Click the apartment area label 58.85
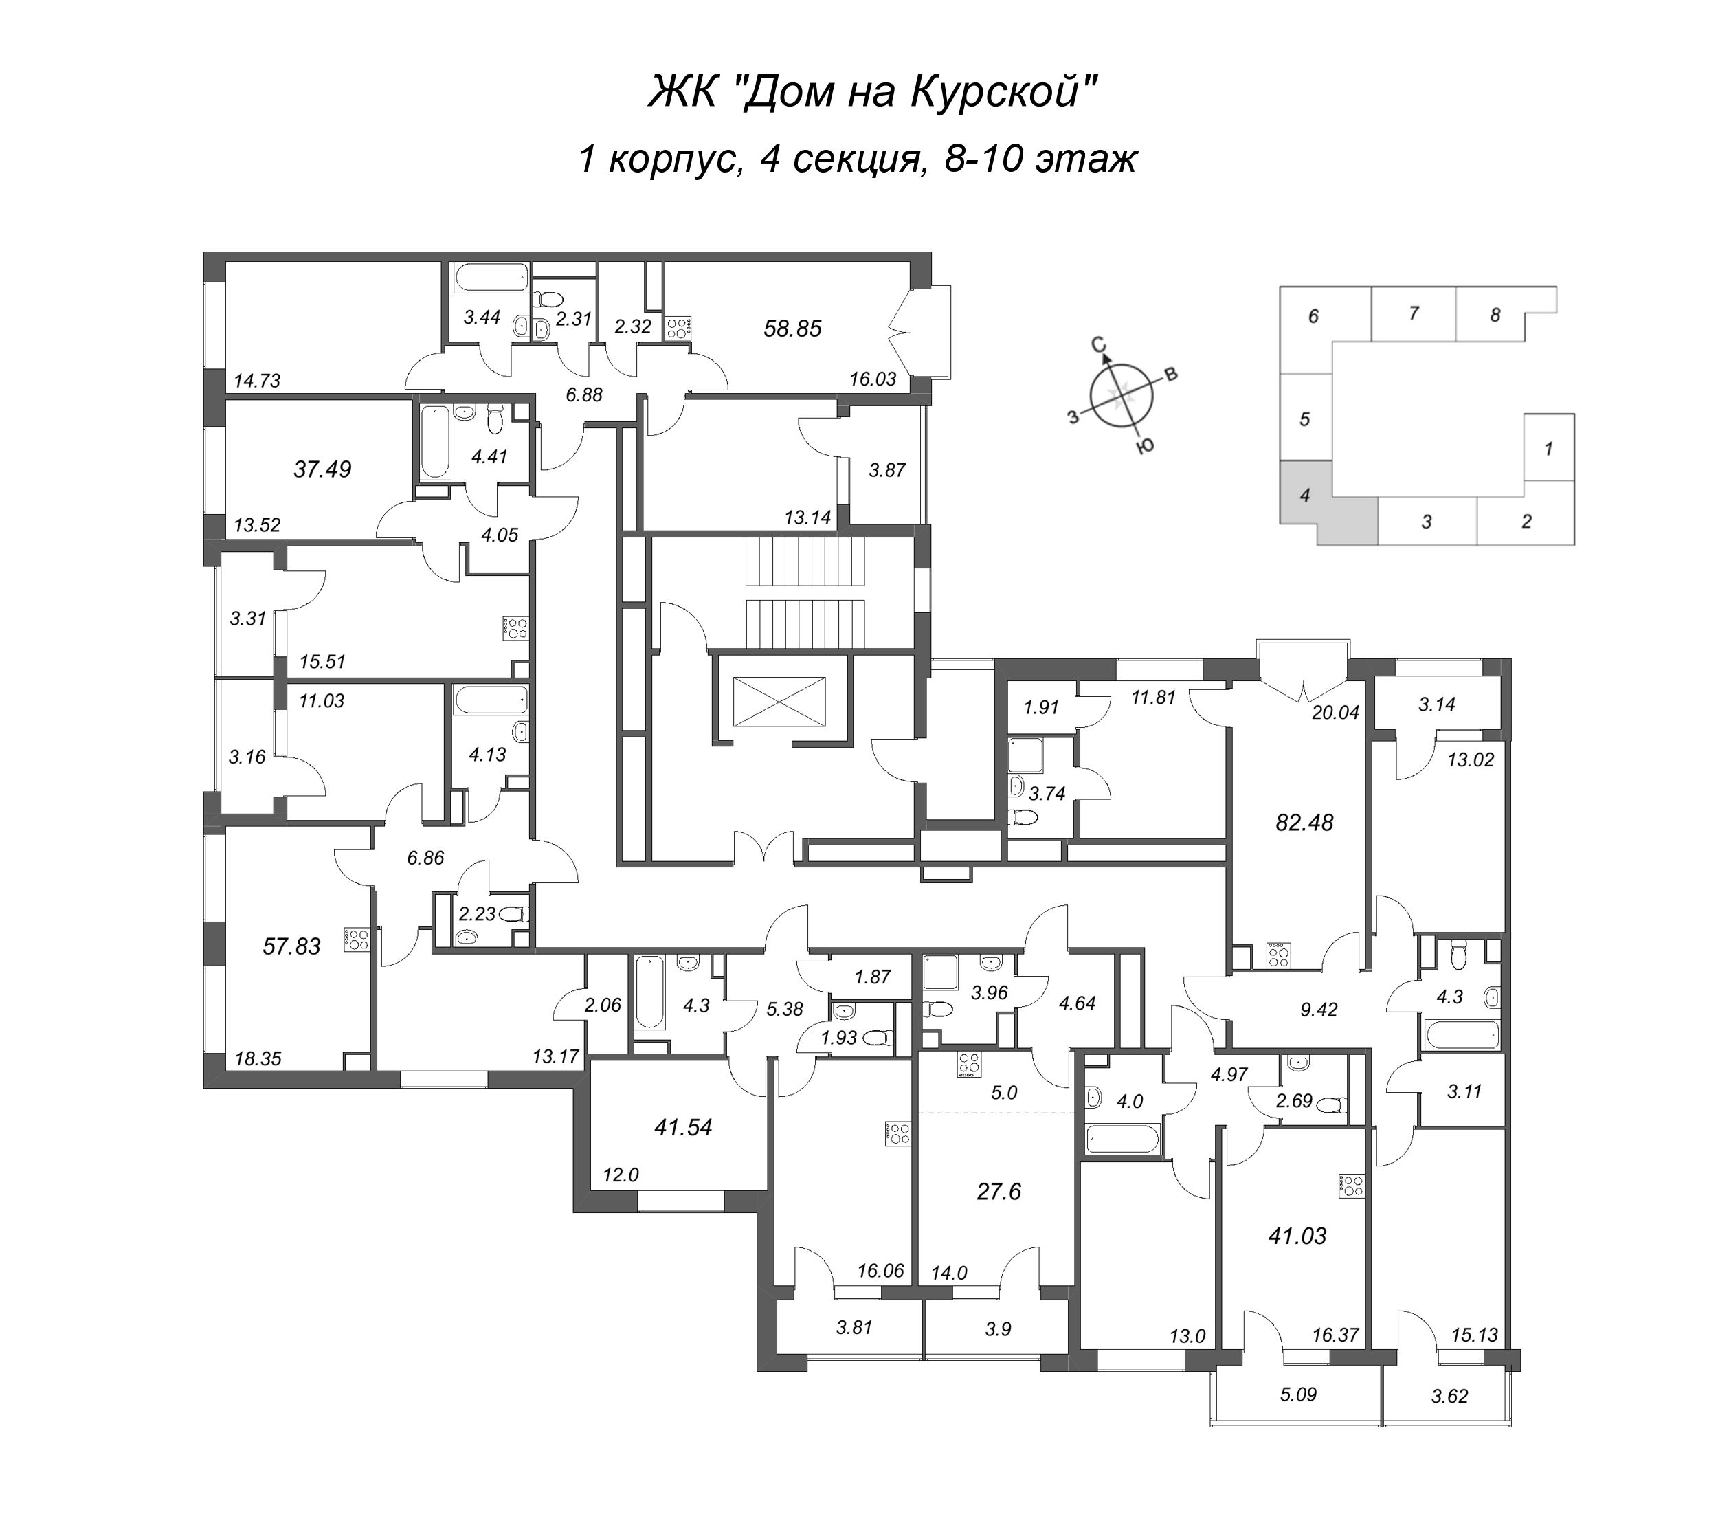[x=792, y=329]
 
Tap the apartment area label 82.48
[x=1304, y=823]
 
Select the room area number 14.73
[x=257, y=381]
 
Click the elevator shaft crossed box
[x=779, y=700]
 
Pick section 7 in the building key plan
[x=1414, y=313]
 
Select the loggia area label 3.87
[x=887, y=470]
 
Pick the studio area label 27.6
[x=999, y=1192]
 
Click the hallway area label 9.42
[x=1319, y=1010]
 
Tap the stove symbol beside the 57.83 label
[x=357, y=940]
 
